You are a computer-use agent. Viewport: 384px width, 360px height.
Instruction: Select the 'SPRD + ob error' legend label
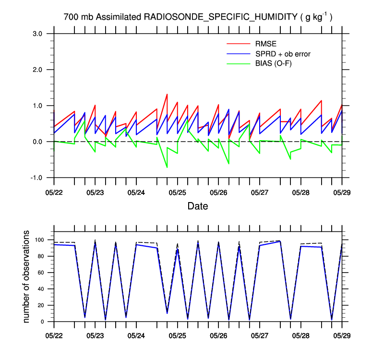(x=283, y=54)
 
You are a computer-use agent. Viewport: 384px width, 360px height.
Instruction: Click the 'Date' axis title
(x=198, y=206)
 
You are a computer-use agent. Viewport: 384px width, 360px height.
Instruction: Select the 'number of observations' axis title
(x=27, y=276)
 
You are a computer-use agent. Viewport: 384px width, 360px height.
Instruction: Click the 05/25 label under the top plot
(x=178, y=192)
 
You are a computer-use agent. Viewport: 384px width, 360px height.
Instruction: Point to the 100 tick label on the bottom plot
(x=39, y=240)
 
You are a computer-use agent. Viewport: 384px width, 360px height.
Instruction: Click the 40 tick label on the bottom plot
(x=41, y=289)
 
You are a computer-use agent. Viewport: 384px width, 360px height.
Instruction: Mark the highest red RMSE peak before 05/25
(x=167, y=95)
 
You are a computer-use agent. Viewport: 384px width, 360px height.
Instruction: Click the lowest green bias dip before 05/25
(x=167, y=167)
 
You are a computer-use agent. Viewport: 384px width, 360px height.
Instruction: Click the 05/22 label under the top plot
(x=54, y=192)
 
